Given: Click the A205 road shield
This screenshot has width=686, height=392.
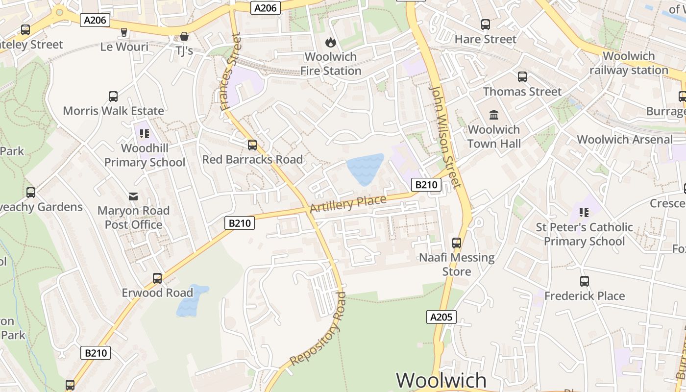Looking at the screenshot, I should [x=441, y=317].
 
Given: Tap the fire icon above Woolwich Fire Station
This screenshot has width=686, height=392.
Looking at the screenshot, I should [x=331, y=42].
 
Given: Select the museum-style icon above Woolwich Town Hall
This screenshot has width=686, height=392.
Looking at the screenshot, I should [x=494, y=115].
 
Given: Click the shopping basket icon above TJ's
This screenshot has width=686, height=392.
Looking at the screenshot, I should [x=184, y=36].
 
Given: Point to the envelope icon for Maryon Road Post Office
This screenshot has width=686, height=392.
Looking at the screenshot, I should [x=133, y=196].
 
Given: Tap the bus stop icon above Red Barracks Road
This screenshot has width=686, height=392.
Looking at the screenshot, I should [x=252, y=145].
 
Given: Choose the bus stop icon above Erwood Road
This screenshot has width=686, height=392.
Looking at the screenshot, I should [x=157, y=278].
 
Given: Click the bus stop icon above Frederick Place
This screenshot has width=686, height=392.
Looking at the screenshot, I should [x=585, y=281].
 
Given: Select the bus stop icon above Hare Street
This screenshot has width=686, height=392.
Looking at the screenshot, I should [x=486, y=24].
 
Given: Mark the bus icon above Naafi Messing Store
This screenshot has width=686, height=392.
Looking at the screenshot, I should [x=457, y=243].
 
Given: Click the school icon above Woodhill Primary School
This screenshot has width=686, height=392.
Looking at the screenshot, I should [x=144, y=133].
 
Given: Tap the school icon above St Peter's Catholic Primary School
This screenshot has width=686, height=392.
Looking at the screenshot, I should [x=584, y=213].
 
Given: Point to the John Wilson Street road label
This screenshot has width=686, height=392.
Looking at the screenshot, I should [x=445, y=137].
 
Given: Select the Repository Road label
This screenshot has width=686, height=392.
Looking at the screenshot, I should [x=318, y=329].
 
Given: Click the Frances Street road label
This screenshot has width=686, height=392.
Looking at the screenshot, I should [x=231, y=72].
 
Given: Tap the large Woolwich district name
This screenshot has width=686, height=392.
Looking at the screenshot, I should [x=441, y=381].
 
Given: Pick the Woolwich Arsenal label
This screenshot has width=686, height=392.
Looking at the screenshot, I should [x=625, y=139].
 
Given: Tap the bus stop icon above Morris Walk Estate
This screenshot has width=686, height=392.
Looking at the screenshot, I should [x=113, y=97].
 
